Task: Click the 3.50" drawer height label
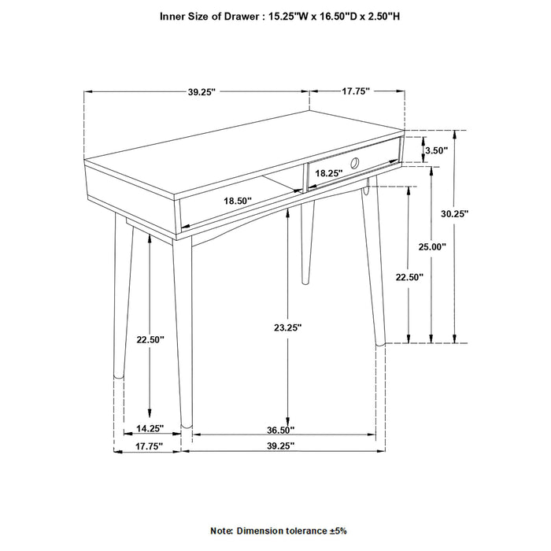[x=435, y=150]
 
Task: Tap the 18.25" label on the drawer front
[x=328, y=172]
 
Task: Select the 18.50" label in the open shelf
[x=237, y=202]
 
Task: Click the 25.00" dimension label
[x=432, y=246]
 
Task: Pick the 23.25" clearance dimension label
[x=288, y=326]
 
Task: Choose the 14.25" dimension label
[x=149, y=429]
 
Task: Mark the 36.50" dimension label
[x=282, y=429]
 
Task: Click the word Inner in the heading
[x=176, y=16]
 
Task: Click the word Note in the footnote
[x=223, y=532]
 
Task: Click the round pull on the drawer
[x=355, y=164]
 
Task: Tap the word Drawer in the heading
[x=242, y=16]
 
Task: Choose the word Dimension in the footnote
[x=261, y=532]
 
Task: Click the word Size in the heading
[x=204, y=16]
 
